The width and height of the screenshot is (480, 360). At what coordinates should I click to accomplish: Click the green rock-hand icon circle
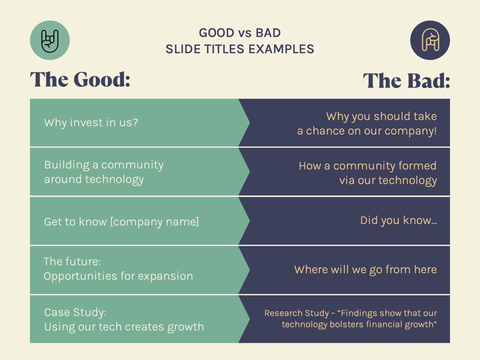(x=50, y=40)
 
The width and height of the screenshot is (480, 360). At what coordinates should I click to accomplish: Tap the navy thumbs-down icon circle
(x=430, y=40)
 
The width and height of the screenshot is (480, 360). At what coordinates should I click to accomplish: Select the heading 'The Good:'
(x=80, y=80)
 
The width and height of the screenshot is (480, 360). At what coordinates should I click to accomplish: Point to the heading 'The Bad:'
(x=406, y=81)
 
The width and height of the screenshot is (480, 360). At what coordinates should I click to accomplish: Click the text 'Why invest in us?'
(x=91, y=123)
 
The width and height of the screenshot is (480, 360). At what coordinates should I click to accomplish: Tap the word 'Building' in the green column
(x=67, y=165)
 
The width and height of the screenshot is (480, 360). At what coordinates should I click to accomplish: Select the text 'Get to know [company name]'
(x=121, y=222)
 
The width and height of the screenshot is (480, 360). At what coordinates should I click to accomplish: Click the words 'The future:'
(x=72, y=262)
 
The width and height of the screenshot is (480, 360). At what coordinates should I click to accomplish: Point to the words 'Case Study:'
(x=75, y=312)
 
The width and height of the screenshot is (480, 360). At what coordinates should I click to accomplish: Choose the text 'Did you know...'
(x=398, y=220)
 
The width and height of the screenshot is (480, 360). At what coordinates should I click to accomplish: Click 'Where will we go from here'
(x=365, y=269)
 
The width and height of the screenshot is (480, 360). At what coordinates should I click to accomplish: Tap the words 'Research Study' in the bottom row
(x=296, y=313)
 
